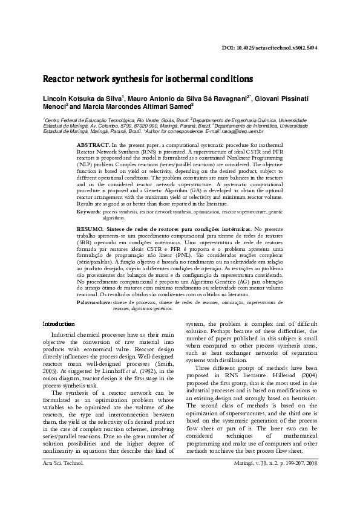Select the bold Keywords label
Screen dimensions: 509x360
[90, 213]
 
